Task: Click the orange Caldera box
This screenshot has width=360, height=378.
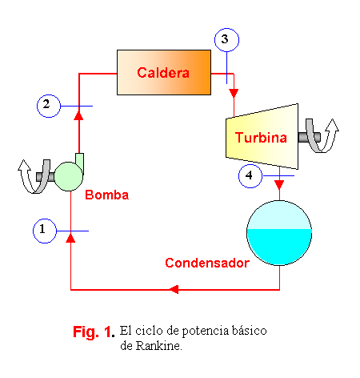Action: [164, 72]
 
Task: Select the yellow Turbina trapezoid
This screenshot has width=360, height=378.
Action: [262, 136]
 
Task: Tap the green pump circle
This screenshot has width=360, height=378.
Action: [69, 176]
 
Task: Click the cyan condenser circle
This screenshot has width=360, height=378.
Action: [279, 233]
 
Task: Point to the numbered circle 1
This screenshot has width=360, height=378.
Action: [45, 231]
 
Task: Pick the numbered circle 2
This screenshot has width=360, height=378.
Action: [49, 106]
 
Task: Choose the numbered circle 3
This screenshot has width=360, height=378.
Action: [226, 40]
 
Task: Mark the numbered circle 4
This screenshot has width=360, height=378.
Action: [250, 176]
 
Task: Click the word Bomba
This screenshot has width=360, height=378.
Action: [107, 195]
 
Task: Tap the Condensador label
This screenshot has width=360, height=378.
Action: [207, 263]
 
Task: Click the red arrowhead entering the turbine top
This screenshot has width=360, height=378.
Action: [234, 93]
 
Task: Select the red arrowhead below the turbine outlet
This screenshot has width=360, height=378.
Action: [279, 184]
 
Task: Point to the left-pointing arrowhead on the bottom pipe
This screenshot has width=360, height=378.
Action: [174, 289]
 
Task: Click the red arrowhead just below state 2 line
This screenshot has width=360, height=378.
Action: [78, 115]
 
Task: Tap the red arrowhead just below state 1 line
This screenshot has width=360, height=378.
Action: [70, 238]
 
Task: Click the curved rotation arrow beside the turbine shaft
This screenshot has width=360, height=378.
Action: [321, 136]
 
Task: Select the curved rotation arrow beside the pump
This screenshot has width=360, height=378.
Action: [34, 176]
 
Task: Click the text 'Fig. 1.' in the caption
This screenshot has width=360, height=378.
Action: [94, 332]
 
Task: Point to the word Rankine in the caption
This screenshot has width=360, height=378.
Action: [158, 346]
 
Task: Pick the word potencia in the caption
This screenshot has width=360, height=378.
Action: [206, 332]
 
